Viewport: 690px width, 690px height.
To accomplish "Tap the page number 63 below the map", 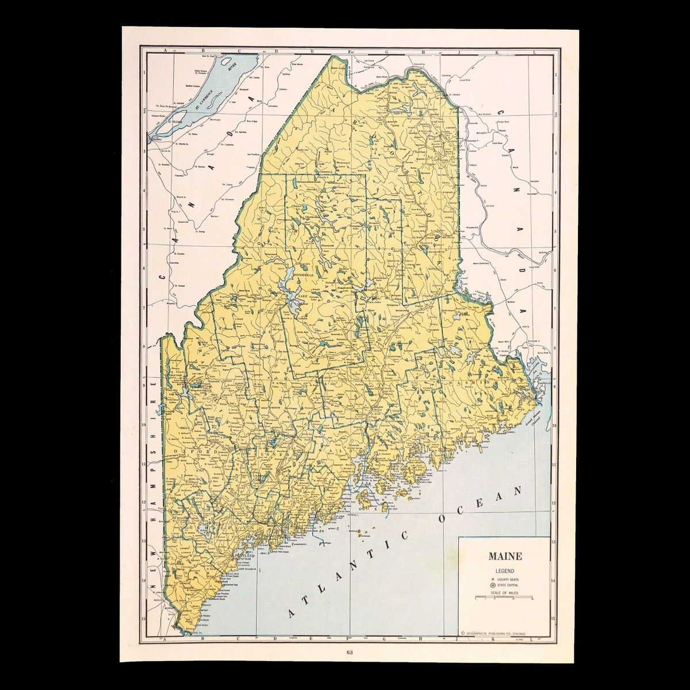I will (350, 652).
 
